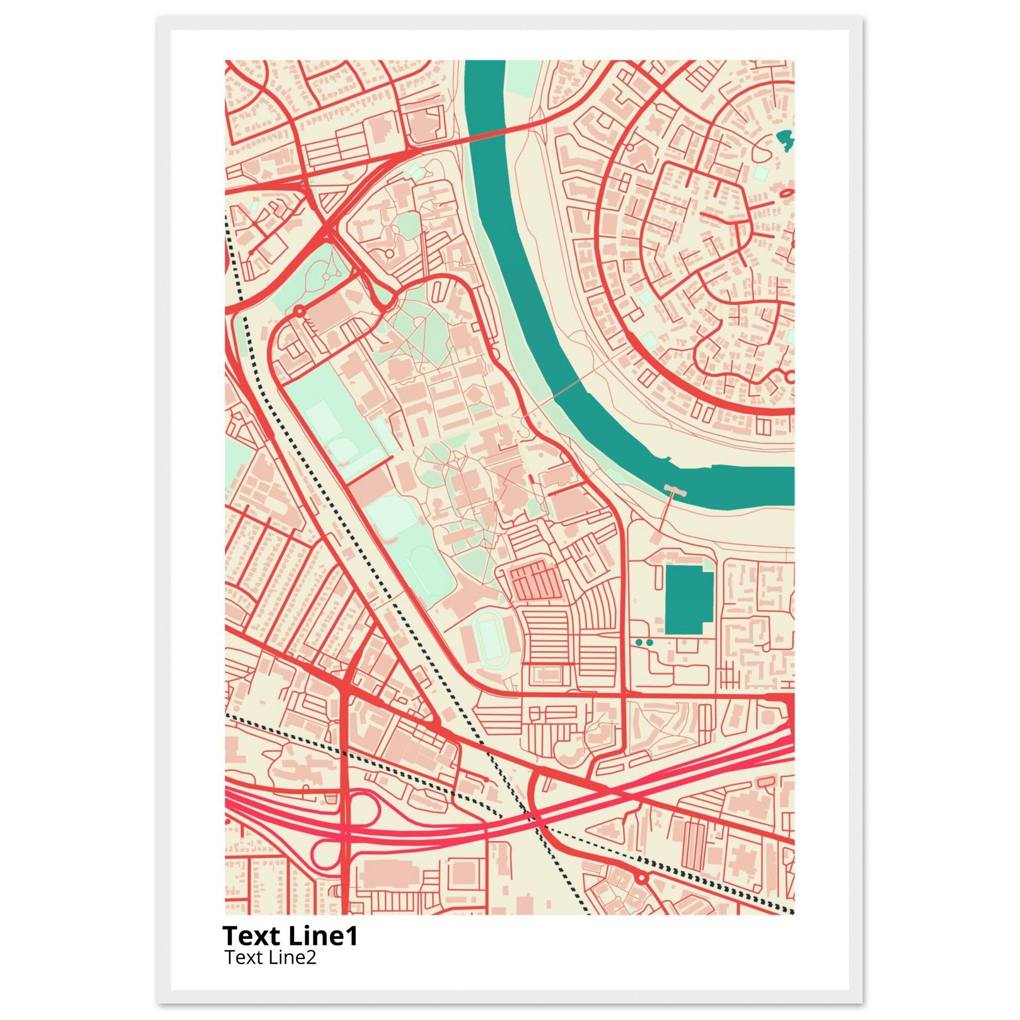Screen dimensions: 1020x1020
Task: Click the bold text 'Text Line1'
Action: tap(290, 935)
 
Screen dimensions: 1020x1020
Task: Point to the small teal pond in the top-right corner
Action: tap(785, 140)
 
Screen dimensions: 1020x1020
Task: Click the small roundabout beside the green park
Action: tap(299, 311)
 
